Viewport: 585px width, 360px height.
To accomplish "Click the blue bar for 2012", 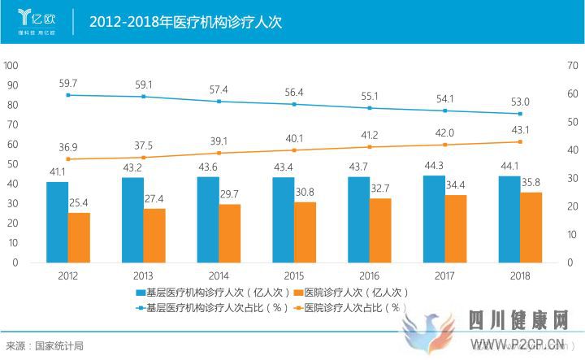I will [57, 222].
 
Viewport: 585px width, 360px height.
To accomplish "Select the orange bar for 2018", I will [531, 227].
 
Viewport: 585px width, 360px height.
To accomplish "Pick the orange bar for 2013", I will [154, 235].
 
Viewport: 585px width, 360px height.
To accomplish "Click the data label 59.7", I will [68, 83].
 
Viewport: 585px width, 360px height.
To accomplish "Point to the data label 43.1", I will [520, 130].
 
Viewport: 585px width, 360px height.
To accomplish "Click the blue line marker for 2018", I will [520, 114].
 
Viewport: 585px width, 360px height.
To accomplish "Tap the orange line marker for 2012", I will [68, 159].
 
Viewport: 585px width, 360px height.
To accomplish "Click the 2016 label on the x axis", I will [370, 275].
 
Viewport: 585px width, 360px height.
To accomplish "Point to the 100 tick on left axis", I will [11, 66].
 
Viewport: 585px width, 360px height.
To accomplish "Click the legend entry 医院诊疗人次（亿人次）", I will [351, 292].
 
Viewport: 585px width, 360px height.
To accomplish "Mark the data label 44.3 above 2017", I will [434, 167].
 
